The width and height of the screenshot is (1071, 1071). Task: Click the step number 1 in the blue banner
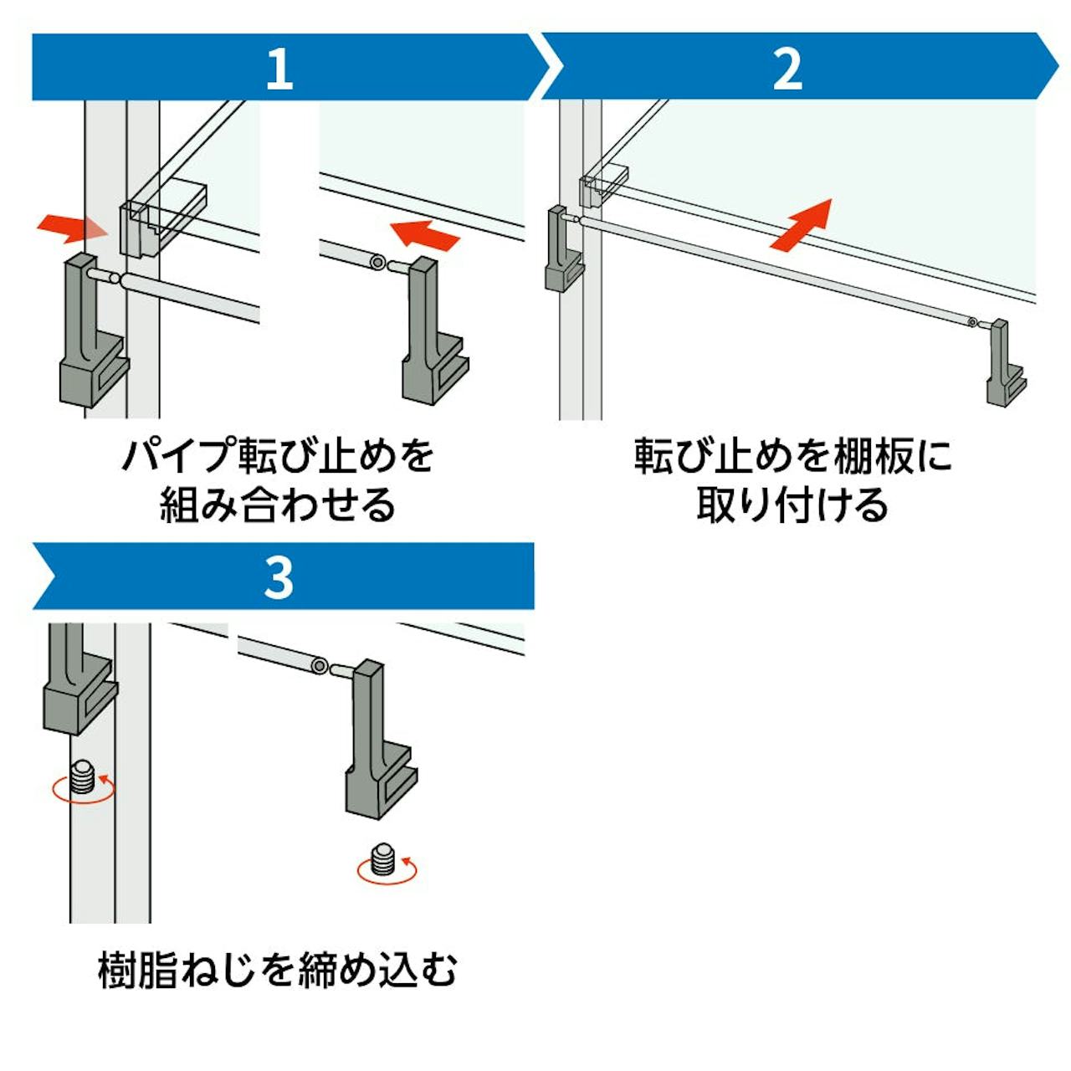pos(279,69)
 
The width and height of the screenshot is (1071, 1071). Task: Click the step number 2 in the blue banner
pos(787,69)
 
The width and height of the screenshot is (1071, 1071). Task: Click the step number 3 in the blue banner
pos(279,576)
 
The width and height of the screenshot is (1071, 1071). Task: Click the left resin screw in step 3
pos(82,777)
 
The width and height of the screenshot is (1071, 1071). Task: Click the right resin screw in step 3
pos(382,861)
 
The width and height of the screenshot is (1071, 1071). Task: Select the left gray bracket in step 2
pos(561,251)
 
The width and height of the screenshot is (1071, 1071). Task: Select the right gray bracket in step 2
pos(1004,364)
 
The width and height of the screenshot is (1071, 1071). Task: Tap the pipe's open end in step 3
pos(319,665)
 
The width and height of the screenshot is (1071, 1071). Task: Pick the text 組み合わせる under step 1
pos(277,505)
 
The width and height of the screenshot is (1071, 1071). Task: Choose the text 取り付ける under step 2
pos(792,505)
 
